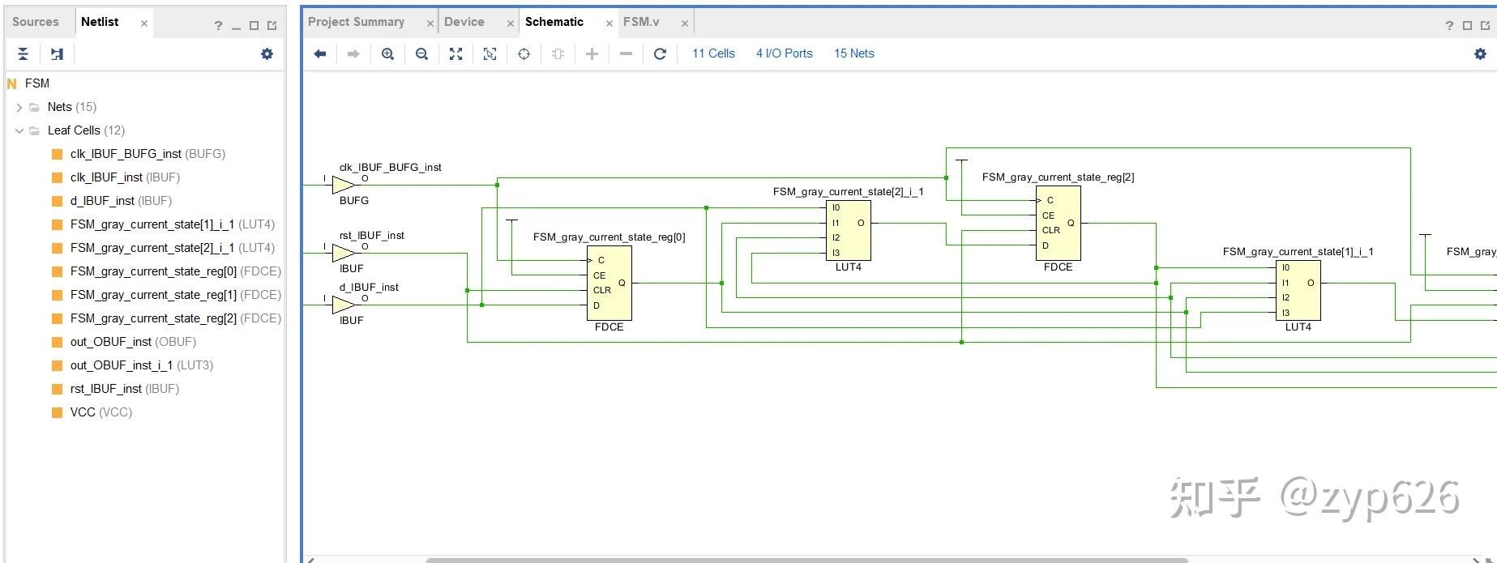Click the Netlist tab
coord(100,22)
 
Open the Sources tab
coord(36,22)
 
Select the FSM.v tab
coord(641,22)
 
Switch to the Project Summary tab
coord(356,22)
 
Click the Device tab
coord(464,22)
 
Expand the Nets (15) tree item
coord(19,107)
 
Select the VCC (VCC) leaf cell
coord(101,412)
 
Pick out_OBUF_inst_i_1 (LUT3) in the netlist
coord(141,365)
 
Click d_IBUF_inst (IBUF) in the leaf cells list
coord(121,201)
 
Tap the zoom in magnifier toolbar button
coord(387,53)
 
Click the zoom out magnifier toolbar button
coord(421,53)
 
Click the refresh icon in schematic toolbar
coord(660,53)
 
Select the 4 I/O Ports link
coord(784,53)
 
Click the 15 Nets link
coord(854,53)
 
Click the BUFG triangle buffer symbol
coord(342,186)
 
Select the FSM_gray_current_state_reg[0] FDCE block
coord(609,283)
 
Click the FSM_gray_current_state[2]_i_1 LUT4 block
coord(848,230)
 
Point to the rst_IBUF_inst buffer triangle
coord(342,254)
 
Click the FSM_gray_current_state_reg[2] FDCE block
coord(1058,223)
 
